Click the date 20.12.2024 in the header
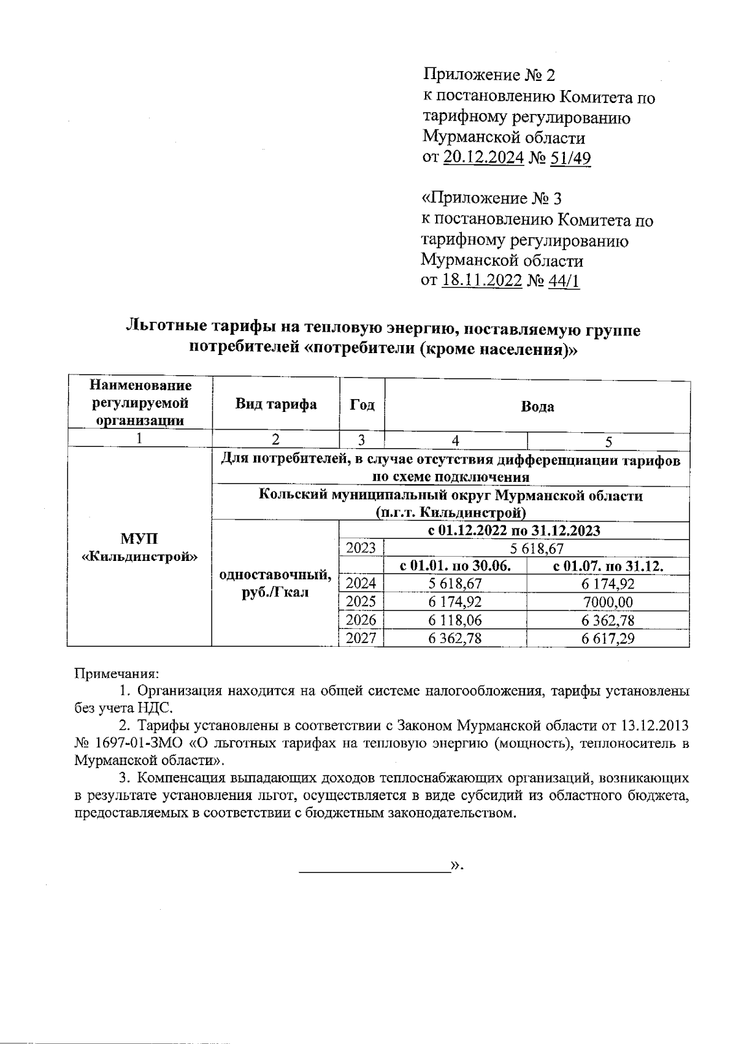483,158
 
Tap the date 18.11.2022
481,281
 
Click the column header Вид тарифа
275,405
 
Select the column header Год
362,405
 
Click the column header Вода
537,406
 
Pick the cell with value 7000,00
608,602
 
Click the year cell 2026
361,620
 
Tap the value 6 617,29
608,638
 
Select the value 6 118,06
455,620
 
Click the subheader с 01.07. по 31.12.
608,566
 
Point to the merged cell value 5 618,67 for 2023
537,548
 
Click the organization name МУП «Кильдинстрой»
139,547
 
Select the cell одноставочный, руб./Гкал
275,584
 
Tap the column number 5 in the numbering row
608,440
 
